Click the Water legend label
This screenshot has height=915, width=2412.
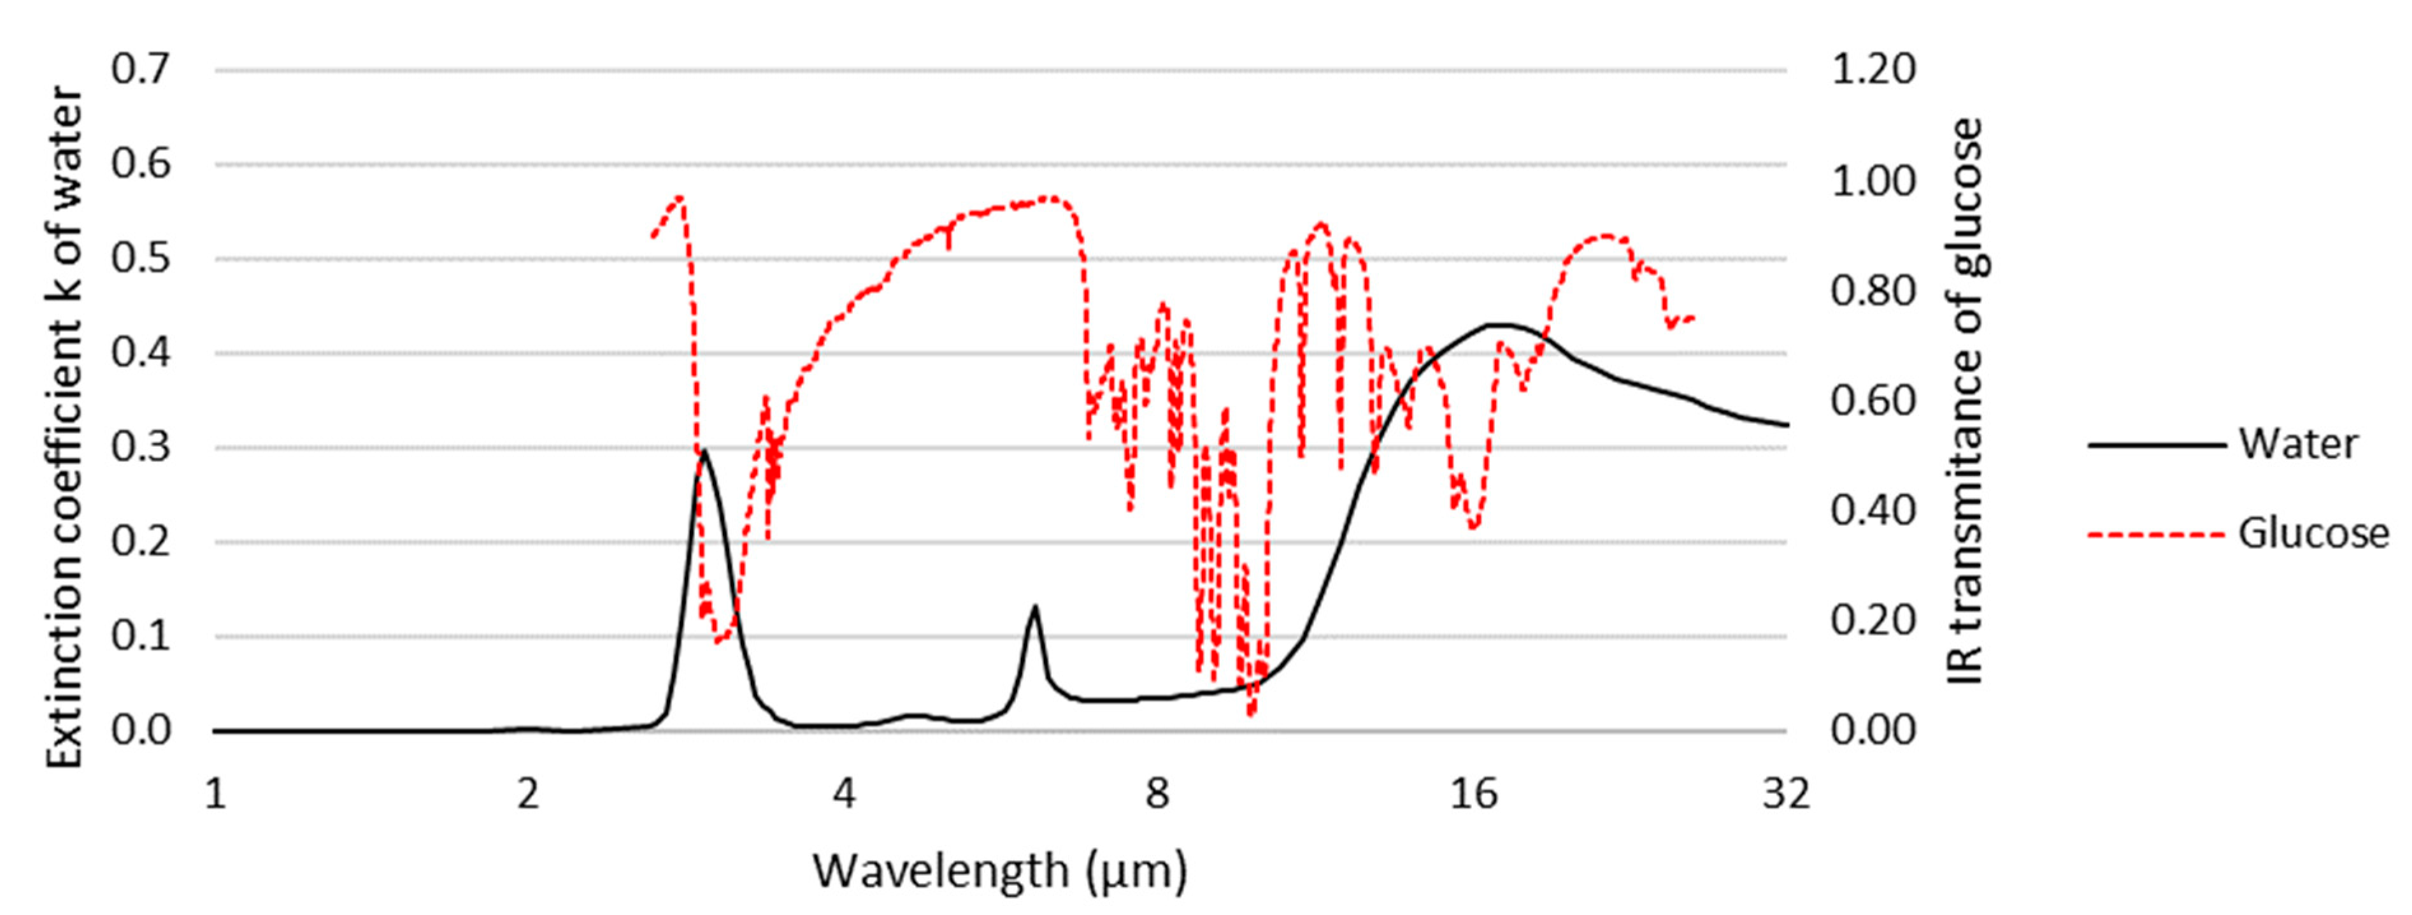(x=2298, y=444)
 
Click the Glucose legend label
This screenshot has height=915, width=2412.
(x=2313, y=534)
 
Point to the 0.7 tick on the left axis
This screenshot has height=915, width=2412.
(x=141, y=70)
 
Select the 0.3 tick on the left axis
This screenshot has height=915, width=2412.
(x=141, y=447)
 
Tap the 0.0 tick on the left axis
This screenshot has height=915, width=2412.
(x=141, y=730)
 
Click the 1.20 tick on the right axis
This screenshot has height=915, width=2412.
(x=1873, y=70)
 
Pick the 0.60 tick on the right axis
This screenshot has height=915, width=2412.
(x=1873, y=401)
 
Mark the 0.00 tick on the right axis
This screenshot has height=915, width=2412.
(x=1873, y=730)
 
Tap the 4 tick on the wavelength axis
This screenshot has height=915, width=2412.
(x=844, y=794)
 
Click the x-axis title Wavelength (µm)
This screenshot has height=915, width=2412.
(x=999, y=871)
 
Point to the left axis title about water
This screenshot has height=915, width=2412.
(x=66, y=426)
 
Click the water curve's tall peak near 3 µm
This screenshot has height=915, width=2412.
(x=703, y=450)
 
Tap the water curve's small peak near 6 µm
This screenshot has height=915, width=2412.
(x=1034, y=607)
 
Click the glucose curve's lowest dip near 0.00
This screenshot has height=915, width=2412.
(x=1251, y=714)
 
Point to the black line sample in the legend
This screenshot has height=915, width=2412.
(x=2155, y=445)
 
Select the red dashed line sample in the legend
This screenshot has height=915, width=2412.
(x=2155, y=535)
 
